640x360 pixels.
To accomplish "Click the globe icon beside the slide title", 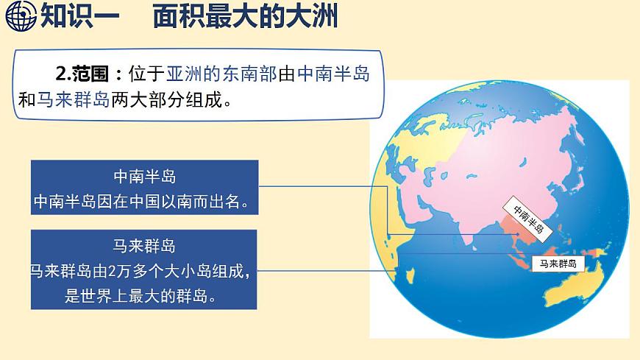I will [x=18, y=15].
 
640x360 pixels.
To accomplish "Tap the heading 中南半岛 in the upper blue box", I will [x=144, y=177].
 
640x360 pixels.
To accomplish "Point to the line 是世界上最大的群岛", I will [x=144, y=297].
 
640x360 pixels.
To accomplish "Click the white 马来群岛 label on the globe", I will [x=557, y=263].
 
